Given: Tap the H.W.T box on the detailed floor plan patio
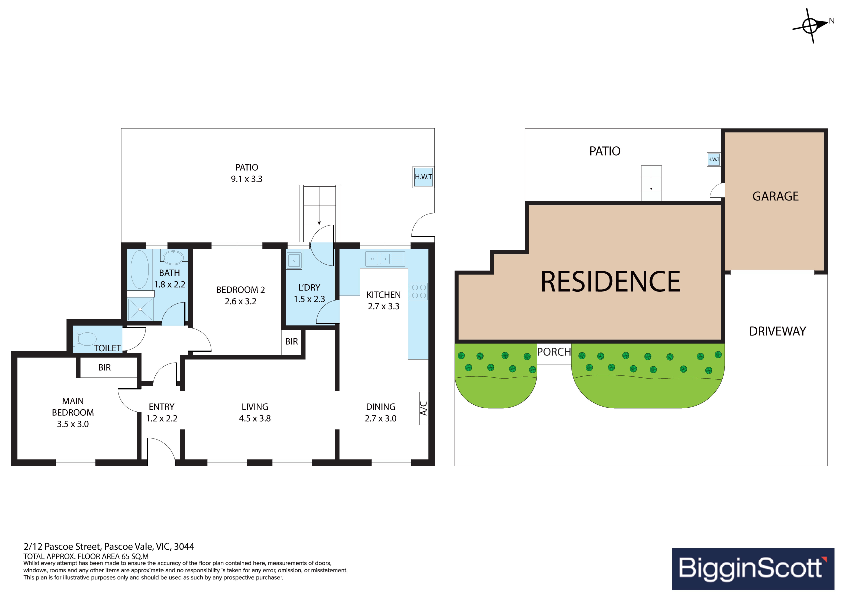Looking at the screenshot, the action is pyautogui.click(x=423, y=177).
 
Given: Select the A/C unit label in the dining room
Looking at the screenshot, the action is pyautogui.click(x=423, y=408).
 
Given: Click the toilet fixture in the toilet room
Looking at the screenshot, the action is pyautogui.click(x=85, y=339).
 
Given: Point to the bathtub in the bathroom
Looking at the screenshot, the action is pyautogui.click(x=140, y=269).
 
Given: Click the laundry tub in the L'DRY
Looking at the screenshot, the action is pyautogui.click(x=294, y=260).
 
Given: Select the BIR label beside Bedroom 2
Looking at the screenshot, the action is pyautogui.click(x=291, y=341).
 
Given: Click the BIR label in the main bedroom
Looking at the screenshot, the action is pyautogui.click(x=104, y=367).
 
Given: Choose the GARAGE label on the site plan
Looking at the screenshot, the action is pyautogui.click(x=775, y=196).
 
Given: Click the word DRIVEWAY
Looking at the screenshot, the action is pyautogui.click(x=777, y=331).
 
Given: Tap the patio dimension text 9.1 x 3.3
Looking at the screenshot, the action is pyautogui.click(x=246, y=179).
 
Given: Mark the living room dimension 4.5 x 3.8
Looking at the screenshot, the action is pyautogui.click(x=255, y=418).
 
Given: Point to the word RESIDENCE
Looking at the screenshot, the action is pyautogui.click(x=610, y=282).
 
